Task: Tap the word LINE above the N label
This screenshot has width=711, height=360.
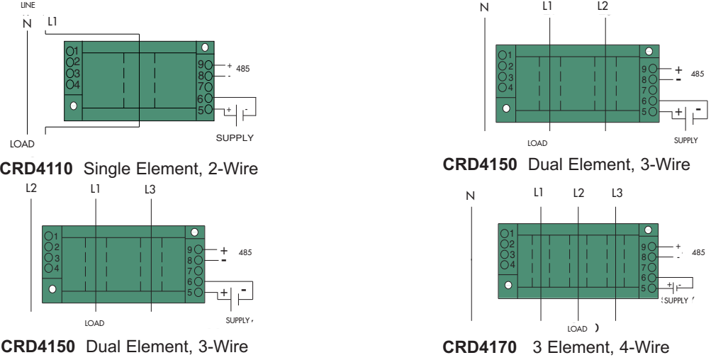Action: point(28,5)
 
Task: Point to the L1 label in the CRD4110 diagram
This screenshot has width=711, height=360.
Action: point(52,23)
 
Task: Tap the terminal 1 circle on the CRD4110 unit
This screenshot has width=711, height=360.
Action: point(70,51)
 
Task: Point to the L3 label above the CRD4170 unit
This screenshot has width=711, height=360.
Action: point(617,193)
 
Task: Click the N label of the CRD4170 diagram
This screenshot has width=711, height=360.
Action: point(469,195)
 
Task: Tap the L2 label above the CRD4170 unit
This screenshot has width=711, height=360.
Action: point(578,193)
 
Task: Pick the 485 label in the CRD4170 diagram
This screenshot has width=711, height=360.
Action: point(698,252)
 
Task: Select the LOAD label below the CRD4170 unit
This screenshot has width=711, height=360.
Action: point(578,329)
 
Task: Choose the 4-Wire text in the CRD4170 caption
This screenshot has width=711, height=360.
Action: point(642,349)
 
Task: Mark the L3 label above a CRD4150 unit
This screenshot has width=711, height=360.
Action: point(150,189)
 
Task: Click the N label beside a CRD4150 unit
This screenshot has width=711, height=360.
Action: point(485,8)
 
